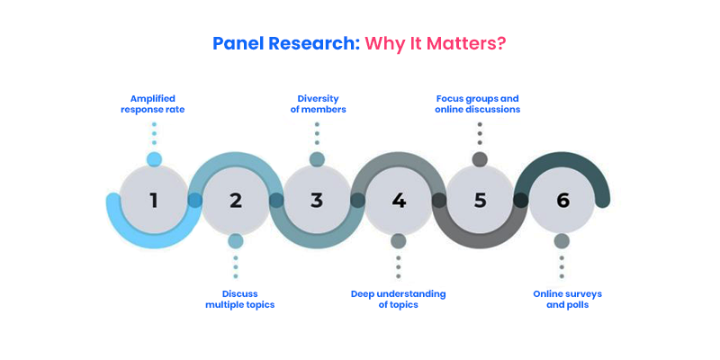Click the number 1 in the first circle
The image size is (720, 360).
[153, 201]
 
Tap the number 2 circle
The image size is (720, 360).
[236, 201]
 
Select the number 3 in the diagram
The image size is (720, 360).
[317, 201]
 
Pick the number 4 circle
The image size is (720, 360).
[399, 201]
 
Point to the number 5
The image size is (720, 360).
[480, 201]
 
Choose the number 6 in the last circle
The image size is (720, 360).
[562, 201]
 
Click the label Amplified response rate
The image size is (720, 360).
[153, 104]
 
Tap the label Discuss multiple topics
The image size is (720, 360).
[239, 299]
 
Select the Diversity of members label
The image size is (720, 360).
[318, 104]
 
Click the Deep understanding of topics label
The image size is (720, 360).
[398, 299]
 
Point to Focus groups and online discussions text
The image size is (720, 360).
[478, 104]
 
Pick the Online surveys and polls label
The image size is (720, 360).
[568, 299]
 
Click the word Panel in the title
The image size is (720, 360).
[238, 43]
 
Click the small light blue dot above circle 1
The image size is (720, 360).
[154, 159]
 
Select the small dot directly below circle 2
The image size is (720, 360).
[236, 241]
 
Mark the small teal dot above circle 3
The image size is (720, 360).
[317, 159]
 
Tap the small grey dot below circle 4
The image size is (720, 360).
[399, 241]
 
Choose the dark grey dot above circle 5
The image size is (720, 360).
[480, 159]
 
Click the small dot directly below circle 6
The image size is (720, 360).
[562, 241]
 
